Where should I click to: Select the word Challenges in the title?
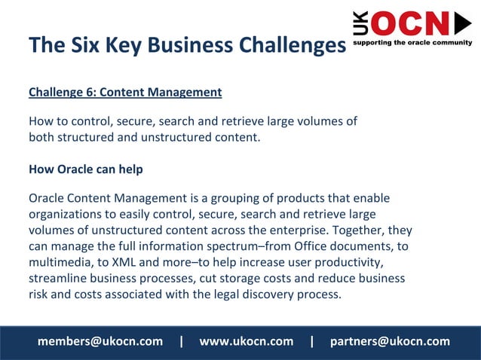click(x=293, y=45)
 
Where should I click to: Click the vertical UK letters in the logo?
click(x=361, y=24)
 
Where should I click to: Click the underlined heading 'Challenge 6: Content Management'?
click(x=125, y=93)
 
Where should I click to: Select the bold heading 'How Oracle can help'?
click(x=86, y=169)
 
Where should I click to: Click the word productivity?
click(x=350, y=261)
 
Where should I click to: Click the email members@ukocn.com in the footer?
click(x=100, y=341)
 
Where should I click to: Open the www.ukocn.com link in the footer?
click(x=246, y=341)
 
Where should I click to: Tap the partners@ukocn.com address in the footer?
click(x=390, y=341)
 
